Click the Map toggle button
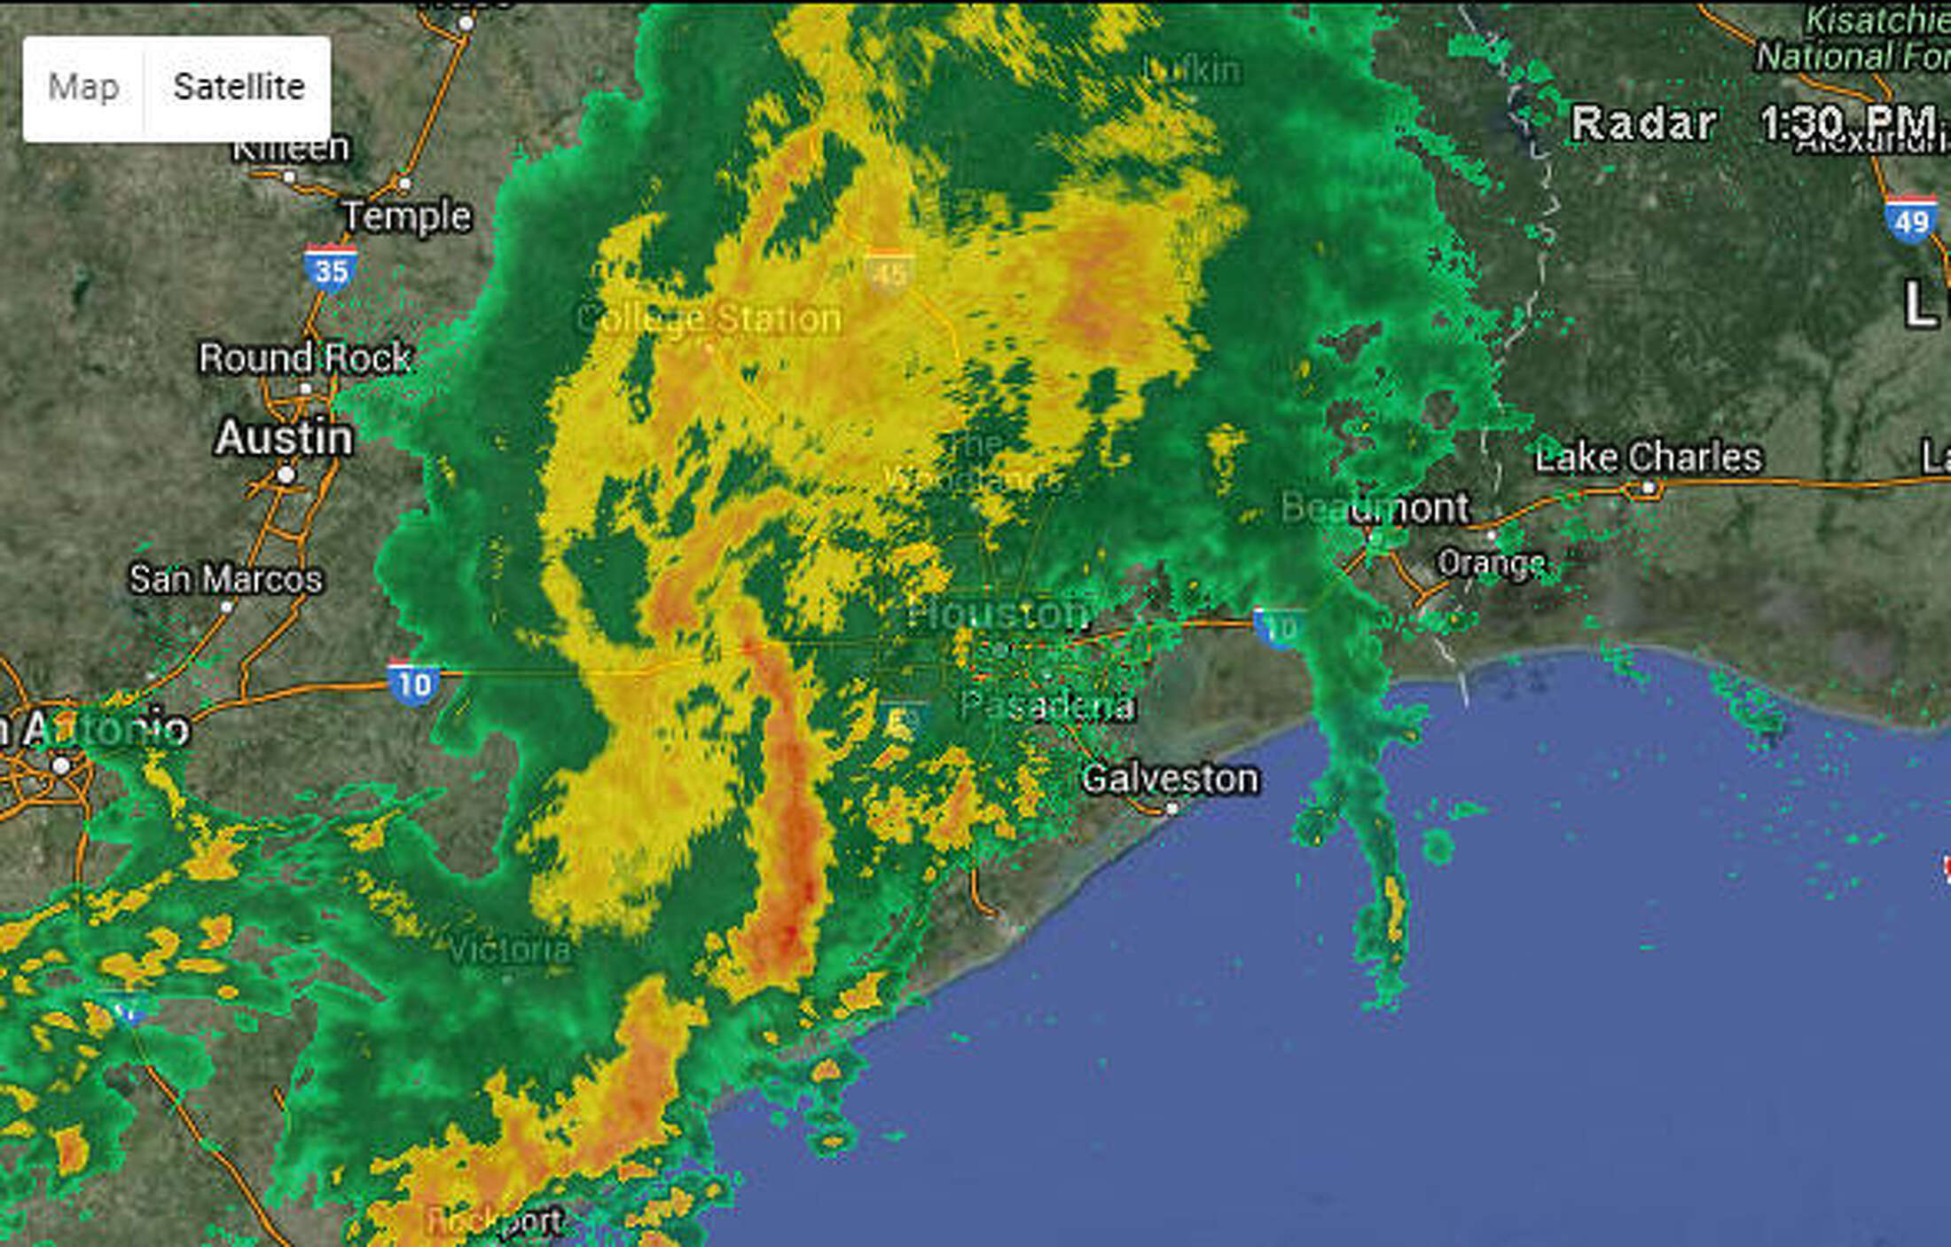point(83,88)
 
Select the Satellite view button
point(239,88)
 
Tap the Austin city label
point(284,438)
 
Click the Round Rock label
point(304,358)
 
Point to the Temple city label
point(407,216)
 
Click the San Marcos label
point(225,579)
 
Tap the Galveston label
point(1170,780)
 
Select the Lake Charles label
point(1648,458)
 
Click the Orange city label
point(1491,562)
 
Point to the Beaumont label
point(1375,508)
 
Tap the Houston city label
point(1000,613)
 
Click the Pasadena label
point(1047,706)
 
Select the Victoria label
point(509,950)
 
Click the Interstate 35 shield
point(331,269)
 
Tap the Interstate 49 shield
point(1910,219)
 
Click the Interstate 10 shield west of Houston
point(413,682)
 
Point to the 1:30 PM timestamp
point(1848,122)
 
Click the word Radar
point(1643,123)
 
